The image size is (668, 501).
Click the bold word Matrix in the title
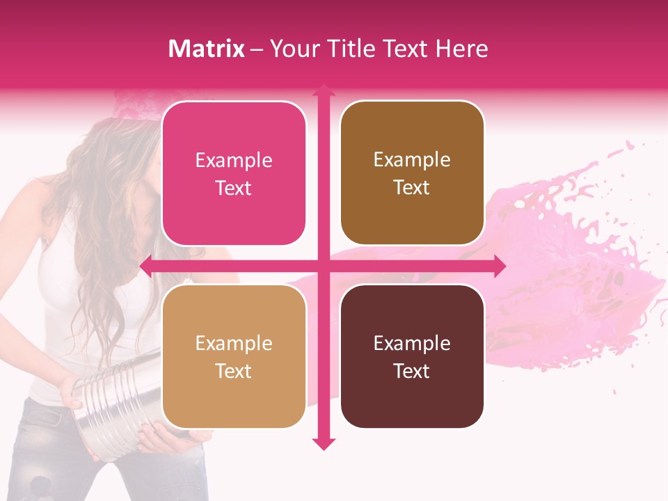pyautogui.click(x=207, y=49)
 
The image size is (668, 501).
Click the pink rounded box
pyautogui.click(x=234, y=173)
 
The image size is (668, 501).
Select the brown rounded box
pyautogui.click(x=412, y=173)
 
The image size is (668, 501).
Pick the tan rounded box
pyautogui.click(x=234, y=356)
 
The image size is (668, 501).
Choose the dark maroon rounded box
pyautogui.click(x=412, y=356)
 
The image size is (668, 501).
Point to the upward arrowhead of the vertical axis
pyautogui.click(x=323, y=90)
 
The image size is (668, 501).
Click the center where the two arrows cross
pyautogui.click(x=323, y=266)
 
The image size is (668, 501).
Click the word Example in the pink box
pyautogui.click(x=234, y=161)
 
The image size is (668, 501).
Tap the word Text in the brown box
pyautogui.click(x=412, y=188)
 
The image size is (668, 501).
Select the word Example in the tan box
pyautogui.click(x=234, y=343)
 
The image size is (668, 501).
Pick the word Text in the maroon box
pyautogui.click(x=412, y=371)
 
